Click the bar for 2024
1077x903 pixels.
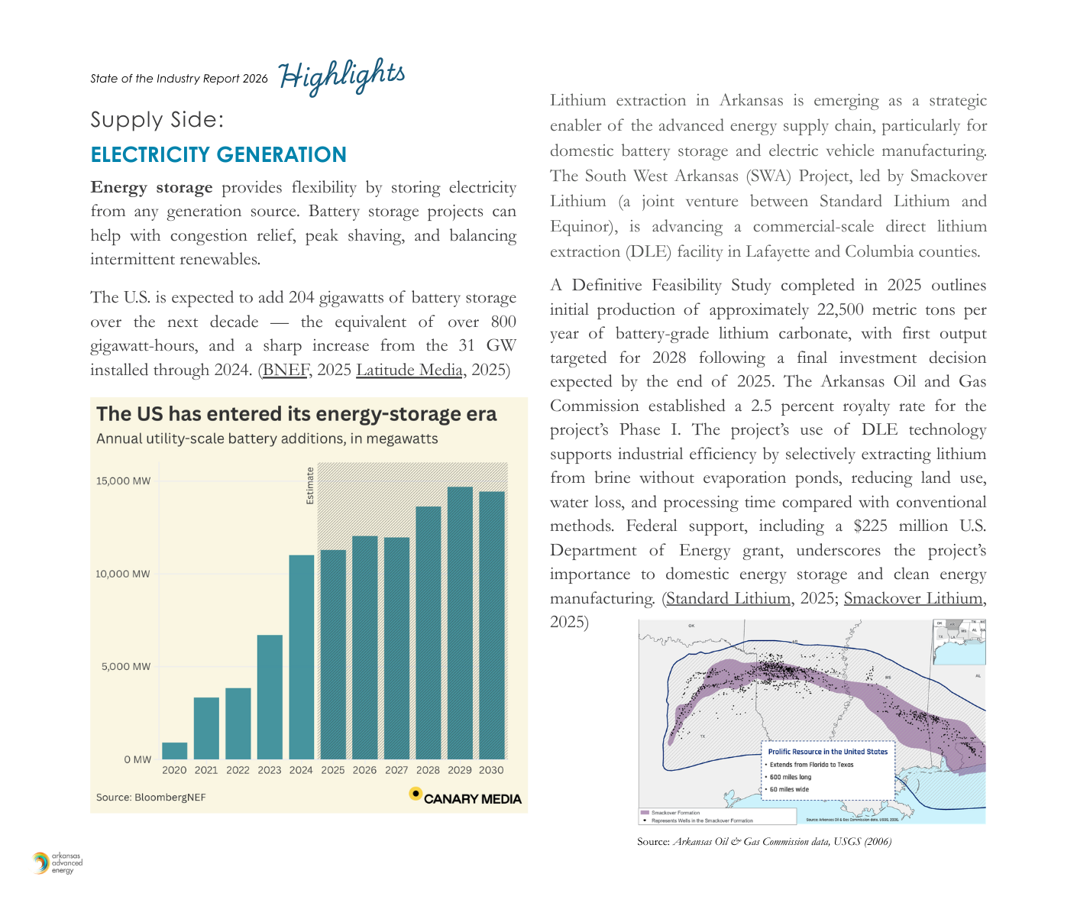(301, 657)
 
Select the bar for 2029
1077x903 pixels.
(460, 623)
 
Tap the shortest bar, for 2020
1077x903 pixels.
(174, 750)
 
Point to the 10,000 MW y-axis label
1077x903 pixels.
(123, 574)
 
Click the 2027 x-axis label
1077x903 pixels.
(396, 770)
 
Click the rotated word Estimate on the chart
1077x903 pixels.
(310, 486)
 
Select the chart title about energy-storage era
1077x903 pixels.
(296, 414)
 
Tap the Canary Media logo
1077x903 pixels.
(465, 797)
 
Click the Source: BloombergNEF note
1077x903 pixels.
(150, 798)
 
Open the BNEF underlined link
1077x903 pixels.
(285, 371)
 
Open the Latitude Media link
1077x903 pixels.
(409, 371)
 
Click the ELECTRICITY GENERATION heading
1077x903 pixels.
(218, 155)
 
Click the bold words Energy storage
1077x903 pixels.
(151, 188)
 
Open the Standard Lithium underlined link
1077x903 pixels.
(728, 599)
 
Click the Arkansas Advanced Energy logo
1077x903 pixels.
(57, 863)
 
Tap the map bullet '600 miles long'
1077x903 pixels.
(791, 777)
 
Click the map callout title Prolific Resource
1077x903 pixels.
(827, 752)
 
